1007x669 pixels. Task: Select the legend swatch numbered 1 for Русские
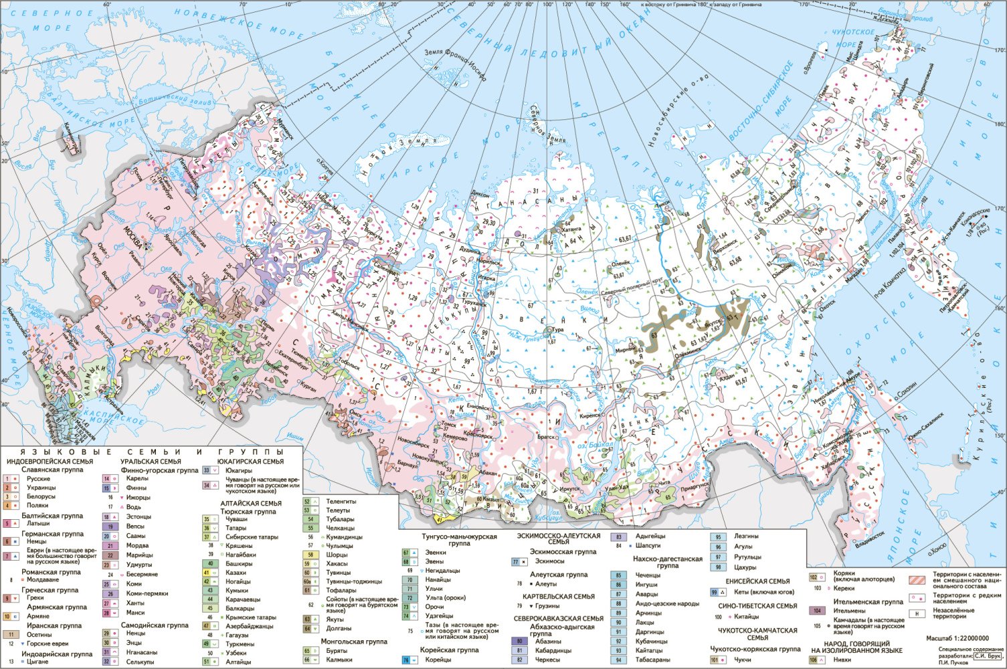pyautogui.click(x=11, y=479)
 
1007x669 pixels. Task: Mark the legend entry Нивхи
pyautogui.click(x=835, y=660)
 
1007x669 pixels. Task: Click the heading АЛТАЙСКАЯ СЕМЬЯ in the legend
pyautogui.click(x=251, y=503)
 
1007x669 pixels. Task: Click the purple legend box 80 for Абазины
pyautogui.click(x=519, y=641)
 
